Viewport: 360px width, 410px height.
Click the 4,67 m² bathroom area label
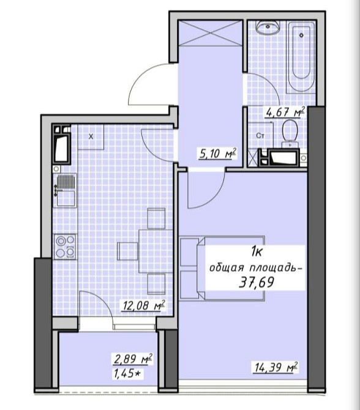pyautogui.click(x=285, y=112)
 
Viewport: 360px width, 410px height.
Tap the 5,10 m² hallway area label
pyautogui.click(x=218, y=153)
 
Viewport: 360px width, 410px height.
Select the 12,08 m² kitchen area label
pyautogui.click(x=143, y=305)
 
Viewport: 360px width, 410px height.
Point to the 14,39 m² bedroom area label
pyautogui.click(x=275, y=367)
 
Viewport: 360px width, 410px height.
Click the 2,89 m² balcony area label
pyautogui.click(x=133, y=359)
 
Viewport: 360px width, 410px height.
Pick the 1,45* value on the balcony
pyautogui.click(x=127, y=374)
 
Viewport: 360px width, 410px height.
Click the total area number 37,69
pyautogui.click(x=257, y=282)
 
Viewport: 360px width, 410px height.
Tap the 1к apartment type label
pyautogui.click(x=257, y=252)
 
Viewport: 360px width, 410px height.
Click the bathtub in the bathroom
pyautogui.click(x=301, y=57)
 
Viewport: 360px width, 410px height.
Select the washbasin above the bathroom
pyautogui.click(x=268, y=27)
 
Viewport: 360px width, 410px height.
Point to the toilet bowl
pyautogui.click(x=290, y=133)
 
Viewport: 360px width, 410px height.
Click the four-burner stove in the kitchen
pyautogui.click(x=65, y=247)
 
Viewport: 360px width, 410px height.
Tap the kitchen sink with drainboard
pyautogui.click(x=66, y=190)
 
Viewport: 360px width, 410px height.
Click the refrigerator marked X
pyautogui.click(x=91, y=136)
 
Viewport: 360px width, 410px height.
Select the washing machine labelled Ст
pyautogui.click(x=260, y=136)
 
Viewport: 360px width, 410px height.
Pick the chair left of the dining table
pyautogui.click(x=127, y=252)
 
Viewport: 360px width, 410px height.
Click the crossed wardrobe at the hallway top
pyautogui.click(x=210, y=33)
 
